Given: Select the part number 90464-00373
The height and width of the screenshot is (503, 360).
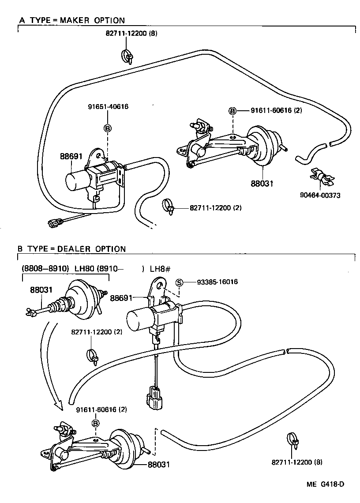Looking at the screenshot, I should (320, 195).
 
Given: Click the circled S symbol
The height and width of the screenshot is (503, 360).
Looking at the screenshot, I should (179, 282).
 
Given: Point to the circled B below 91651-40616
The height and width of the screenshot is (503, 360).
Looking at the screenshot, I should (107, 128).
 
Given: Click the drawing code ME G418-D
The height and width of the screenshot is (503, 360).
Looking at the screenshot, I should (326, 484).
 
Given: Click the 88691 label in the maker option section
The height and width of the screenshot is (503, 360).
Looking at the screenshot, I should (71, 156).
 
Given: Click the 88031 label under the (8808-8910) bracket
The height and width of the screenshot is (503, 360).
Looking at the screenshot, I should (41, 290).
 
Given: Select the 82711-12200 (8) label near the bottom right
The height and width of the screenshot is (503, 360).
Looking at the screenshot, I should (297, 462).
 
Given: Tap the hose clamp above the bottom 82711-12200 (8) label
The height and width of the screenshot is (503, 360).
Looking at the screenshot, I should (292, 439).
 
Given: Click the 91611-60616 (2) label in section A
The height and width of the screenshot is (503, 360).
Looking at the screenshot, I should (276, 110).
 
